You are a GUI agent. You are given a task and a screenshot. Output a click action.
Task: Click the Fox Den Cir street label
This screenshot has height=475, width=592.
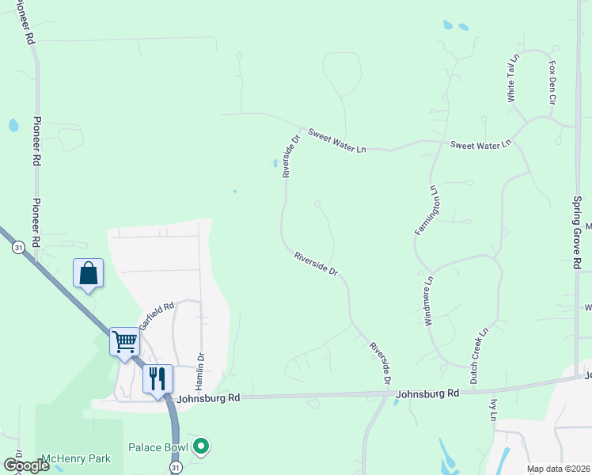(553, 83)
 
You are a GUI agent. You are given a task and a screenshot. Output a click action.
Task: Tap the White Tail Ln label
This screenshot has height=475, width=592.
(512, 78)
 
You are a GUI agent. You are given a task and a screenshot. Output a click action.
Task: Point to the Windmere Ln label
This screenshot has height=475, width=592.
(429, 302)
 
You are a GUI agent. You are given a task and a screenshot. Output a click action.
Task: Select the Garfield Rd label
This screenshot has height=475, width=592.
(156, 316)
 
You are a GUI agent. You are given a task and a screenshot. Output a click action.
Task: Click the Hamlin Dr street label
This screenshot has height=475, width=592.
(201, 370)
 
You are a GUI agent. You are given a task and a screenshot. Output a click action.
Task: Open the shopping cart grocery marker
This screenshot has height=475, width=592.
(125, 342)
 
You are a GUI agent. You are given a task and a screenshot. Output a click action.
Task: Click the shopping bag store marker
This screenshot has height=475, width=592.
(88, 273)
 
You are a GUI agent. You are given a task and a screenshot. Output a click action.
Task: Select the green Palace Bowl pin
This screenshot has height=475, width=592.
(201, 447)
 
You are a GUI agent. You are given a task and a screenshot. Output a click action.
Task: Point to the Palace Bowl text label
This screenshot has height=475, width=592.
(158, 448)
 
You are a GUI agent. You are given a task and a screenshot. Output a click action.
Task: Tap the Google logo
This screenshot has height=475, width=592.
(26, 465)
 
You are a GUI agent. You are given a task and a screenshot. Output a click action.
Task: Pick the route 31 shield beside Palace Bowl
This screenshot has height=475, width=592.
(175, 469)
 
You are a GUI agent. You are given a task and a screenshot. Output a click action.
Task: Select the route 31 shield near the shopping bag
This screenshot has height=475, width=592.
(18, 248)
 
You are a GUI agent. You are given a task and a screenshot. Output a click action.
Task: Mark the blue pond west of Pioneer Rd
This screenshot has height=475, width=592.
(13, 125)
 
